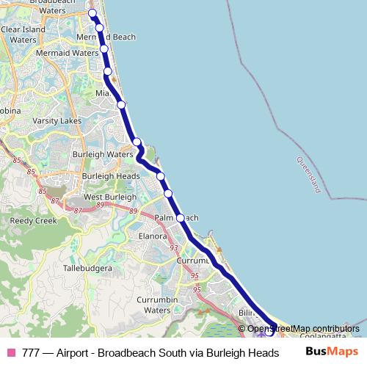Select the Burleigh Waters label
click(101, 154)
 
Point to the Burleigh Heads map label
click(110, 176)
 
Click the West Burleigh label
click(109, 197)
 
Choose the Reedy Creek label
click(33, 220)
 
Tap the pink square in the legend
click(10, 352)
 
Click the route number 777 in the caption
click(31, 352)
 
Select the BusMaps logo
click(332, 352)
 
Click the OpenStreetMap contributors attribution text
click(303, 329)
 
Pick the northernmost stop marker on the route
click(92, 14)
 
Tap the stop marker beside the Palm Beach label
click(181, 218)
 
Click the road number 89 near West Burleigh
click(133, 211)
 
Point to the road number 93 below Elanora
click(174, 248)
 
